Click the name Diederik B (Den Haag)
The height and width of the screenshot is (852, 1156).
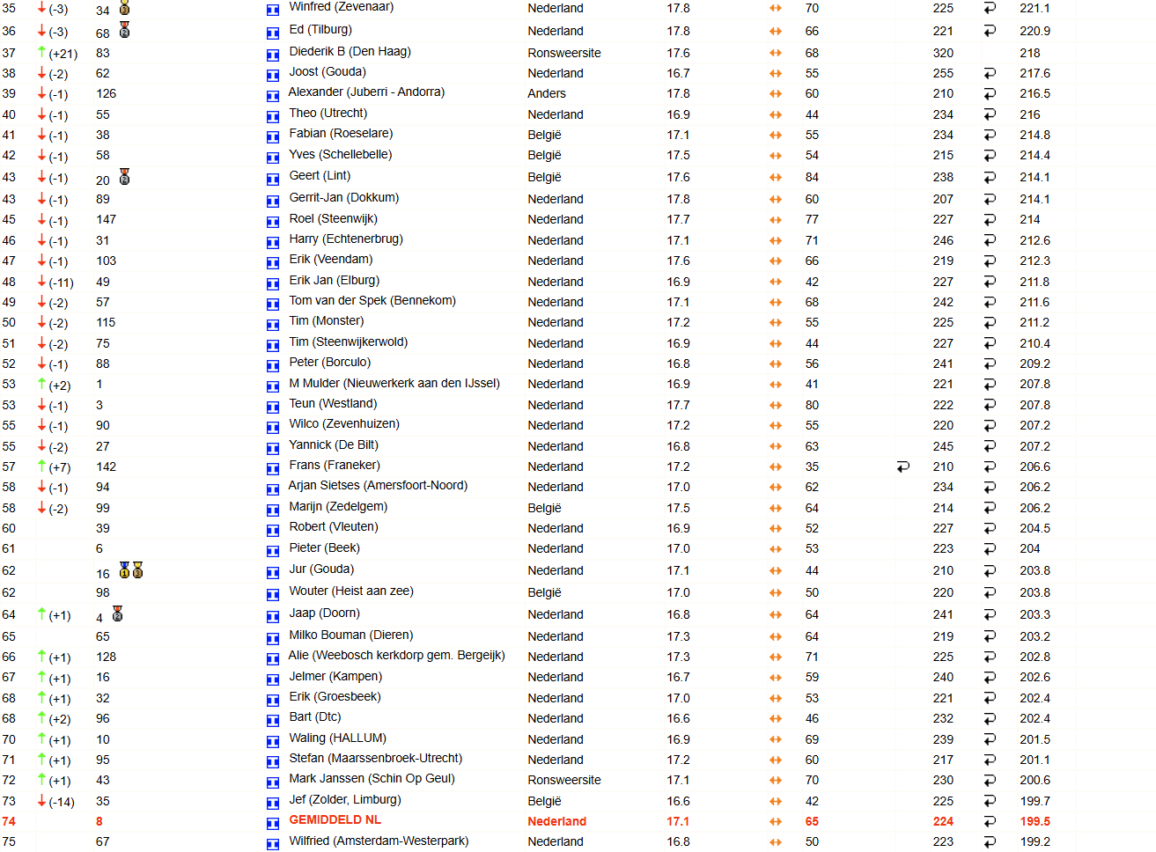(350, 52)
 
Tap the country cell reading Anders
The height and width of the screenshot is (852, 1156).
(547, 93)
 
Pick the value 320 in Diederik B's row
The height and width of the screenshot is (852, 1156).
(943, 53)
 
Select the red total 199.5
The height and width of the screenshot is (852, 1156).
(1035, 821)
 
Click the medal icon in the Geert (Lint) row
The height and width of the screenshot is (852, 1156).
(125, 177)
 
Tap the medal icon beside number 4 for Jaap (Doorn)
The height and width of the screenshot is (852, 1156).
(118, 614)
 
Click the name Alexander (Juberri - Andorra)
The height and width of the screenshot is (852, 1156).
(366, 92)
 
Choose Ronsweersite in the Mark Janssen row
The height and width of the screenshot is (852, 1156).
(563, 780)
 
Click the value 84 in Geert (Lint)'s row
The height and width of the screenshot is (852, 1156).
(812, 177)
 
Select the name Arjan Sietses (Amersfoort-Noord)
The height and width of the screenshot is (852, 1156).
(378, 486)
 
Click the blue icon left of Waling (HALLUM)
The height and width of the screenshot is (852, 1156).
(273, 741)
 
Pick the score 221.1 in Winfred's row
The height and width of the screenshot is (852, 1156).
(1035, 8)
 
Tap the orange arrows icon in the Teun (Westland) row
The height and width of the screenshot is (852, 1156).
(776, 406)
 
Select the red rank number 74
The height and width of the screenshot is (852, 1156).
(9, 821)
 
